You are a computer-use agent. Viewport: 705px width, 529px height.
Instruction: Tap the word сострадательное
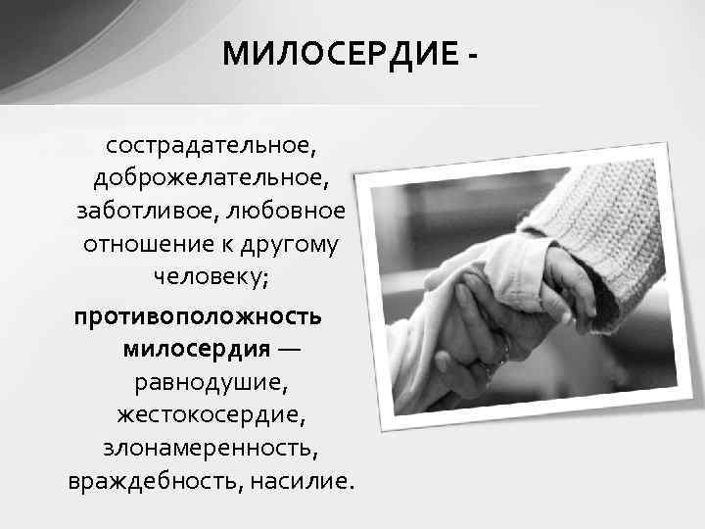click(x=211, y=147)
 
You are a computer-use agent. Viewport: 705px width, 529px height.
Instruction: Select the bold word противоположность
click(x=194, y=317)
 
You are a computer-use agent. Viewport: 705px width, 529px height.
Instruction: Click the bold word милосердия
click(x=197, y=349)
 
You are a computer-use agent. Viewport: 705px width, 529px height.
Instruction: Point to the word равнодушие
click(x=211, y=383)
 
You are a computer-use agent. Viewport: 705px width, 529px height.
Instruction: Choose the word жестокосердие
click(x=211, y=415)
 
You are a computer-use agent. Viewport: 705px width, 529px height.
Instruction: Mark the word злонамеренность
click(x=211, y=448)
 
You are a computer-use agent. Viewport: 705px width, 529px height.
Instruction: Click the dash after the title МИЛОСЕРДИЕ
click(x=474, y=55)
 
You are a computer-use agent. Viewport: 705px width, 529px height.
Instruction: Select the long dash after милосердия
click(x=289, y=350)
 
